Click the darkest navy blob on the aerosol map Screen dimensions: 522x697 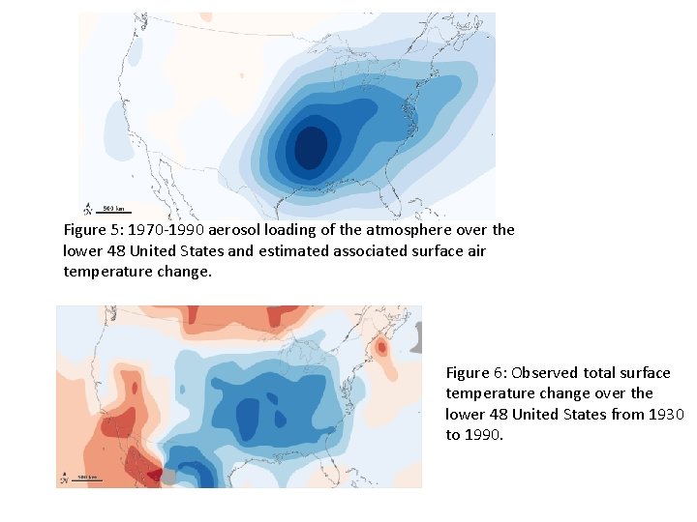[311, 148]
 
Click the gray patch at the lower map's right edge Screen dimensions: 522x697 [417, 337]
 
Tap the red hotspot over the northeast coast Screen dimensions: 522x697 [382, 346]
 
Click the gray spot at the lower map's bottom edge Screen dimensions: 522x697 [168, 478]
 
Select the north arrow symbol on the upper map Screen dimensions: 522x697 [89, 208]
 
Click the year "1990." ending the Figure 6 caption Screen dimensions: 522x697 [484, 435]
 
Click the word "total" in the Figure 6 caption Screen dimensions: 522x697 [601, 372]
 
